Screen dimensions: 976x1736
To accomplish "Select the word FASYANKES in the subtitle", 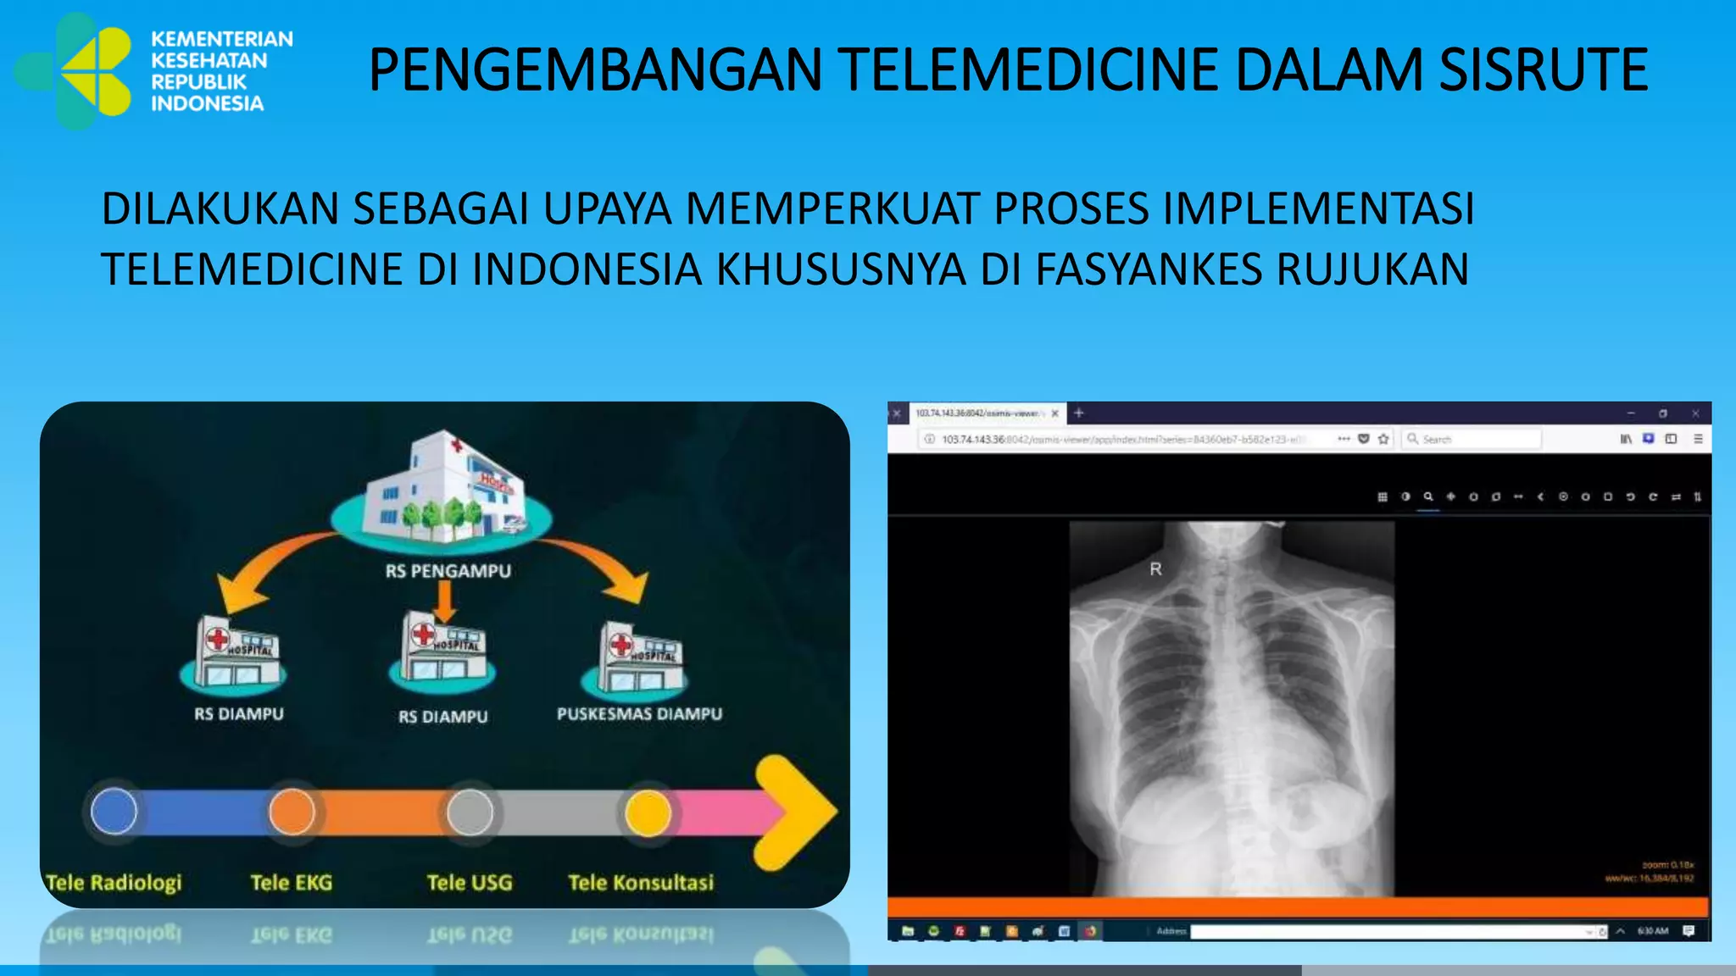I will [x=1148, y=269].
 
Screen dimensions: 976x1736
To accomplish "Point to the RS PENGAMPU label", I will [x=448, y=571].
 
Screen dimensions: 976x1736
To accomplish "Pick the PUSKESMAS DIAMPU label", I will [x=639, y=714].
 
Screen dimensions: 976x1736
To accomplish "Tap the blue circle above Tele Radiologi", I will [x=114, y=811].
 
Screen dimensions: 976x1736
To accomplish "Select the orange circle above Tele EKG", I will [x=292, y=811].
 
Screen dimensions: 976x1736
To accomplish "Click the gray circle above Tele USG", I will [x=470, y=811].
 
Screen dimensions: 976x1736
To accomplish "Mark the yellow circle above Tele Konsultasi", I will [x=648, y=812].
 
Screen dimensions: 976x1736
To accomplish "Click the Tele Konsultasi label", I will [x=641, y=883].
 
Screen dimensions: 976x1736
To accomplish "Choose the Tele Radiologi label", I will [x=114, y=883].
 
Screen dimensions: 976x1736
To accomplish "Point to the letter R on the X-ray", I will [x=1155, y=569].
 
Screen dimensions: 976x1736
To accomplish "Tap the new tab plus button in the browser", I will [x=1079, y=413].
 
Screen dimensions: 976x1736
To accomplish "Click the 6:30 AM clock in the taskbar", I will [x=1652, y=931].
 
